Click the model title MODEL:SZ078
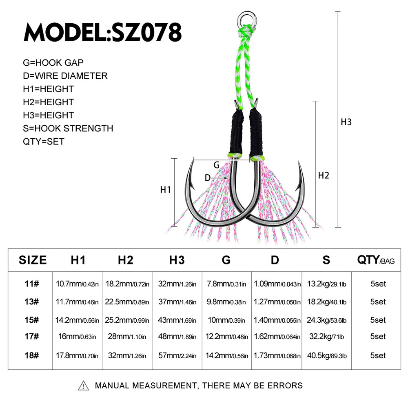tap(102, 32)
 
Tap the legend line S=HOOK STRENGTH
tap(68, 129)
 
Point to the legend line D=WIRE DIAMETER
tap(65, 76)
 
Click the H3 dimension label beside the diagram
tap(346, 122)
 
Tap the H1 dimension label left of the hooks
tap(165, 189)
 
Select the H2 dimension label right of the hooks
tap(323, 176)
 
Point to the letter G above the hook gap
tap(216, 165)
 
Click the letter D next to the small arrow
tap(207, 178)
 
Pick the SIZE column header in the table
tap(33, 260)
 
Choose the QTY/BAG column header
tap(376, 260)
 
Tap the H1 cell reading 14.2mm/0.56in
tap(77, 320)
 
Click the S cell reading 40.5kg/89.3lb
tap(326, 355)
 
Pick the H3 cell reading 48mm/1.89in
tap(177, 337)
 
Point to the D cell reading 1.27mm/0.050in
tap(277, 302)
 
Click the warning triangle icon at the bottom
tap(83, 386)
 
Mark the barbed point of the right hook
tap(301, 171)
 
